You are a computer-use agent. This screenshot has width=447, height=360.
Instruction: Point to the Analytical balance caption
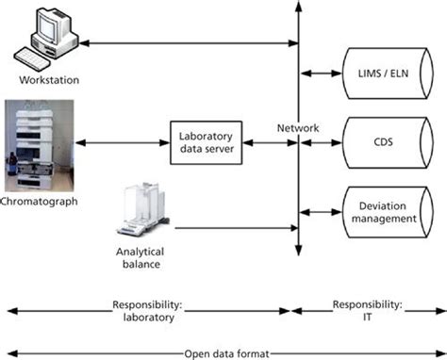[x=141, y=257]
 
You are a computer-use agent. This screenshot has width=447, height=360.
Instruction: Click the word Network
[x=299, y=128]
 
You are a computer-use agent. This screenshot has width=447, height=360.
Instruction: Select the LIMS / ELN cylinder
[x=388, y=73]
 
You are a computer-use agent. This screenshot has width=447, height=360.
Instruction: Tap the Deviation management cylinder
[x=388, y=211]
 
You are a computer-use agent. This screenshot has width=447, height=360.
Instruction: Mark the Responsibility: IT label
[x=368, y=311]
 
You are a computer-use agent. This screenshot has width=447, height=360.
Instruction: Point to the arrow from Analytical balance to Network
[x=236, y=228]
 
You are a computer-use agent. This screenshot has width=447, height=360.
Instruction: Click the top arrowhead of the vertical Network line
[x=298, y=8]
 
